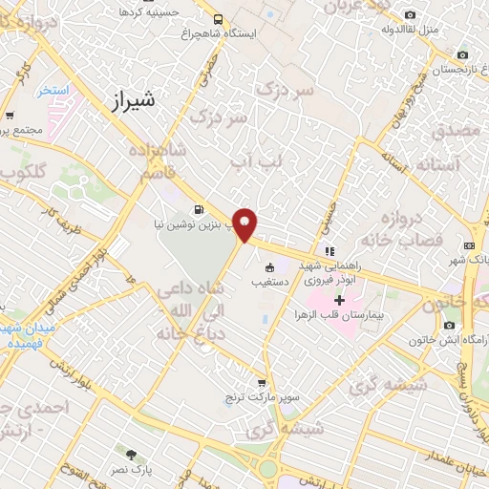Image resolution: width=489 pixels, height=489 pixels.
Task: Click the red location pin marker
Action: point(245,223)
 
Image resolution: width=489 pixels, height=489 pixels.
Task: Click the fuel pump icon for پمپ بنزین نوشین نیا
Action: point(199,210)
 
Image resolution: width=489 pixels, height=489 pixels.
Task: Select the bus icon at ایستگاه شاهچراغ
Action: point(219,19)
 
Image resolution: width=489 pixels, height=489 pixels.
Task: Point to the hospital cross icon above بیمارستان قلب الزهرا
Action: point(339,299)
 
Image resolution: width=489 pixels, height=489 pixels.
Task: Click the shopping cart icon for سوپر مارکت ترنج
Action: point(262,381)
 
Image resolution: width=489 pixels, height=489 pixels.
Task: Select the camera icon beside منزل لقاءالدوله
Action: point(411,13)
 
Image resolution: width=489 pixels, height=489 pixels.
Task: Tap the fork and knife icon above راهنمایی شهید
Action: point(330,251)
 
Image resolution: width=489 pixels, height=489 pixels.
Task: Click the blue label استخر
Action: point(55,90)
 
